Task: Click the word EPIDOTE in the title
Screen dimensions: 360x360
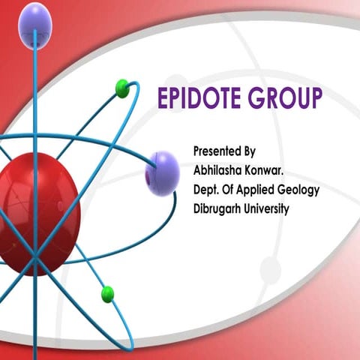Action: click(x=200, y=97)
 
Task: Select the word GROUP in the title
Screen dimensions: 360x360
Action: click(x=287, y=97)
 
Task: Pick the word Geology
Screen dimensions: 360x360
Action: click(x=301, y=189)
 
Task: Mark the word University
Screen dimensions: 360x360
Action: click(x=269, y=208)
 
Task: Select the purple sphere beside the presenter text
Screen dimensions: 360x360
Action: click(x=161, y=172)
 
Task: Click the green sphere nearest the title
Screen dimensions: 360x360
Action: click(x=122, y=89)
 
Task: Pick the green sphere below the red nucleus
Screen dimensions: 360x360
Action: click(x=107, y=293)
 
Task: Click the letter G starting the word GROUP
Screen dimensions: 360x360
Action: click(x=259, y=97)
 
